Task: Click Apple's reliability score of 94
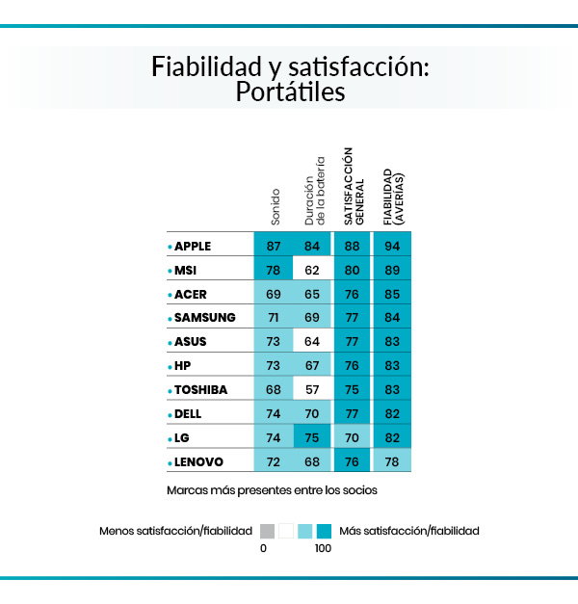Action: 392,246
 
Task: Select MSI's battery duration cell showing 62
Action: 311,270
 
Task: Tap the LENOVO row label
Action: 198,462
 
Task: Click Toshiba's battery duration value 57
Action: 311,390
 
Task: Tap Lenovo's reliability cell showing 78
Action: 392,462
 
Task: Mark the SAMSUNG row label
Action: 204,318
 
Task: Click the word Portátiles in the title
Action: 289,93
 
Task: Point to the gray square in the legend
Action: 267,531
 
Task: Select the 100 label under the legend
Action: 322,548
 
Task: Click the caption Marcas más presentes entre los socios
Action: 272,490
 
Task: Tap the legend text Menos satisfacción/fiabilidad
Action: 175,531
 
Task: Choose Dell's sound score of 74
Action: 274,414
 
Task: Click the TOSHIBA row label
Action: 202,390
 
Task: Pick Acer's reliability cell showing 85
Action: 392,294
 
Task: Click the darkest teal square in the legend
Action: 324,531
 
